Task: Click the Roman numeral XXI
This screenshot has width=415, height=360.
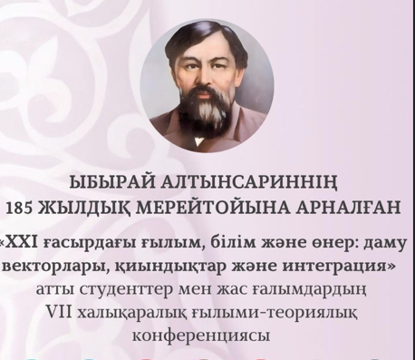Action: [25, 241]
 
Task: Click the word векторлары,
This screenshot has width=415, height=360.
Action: [55, 267]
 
